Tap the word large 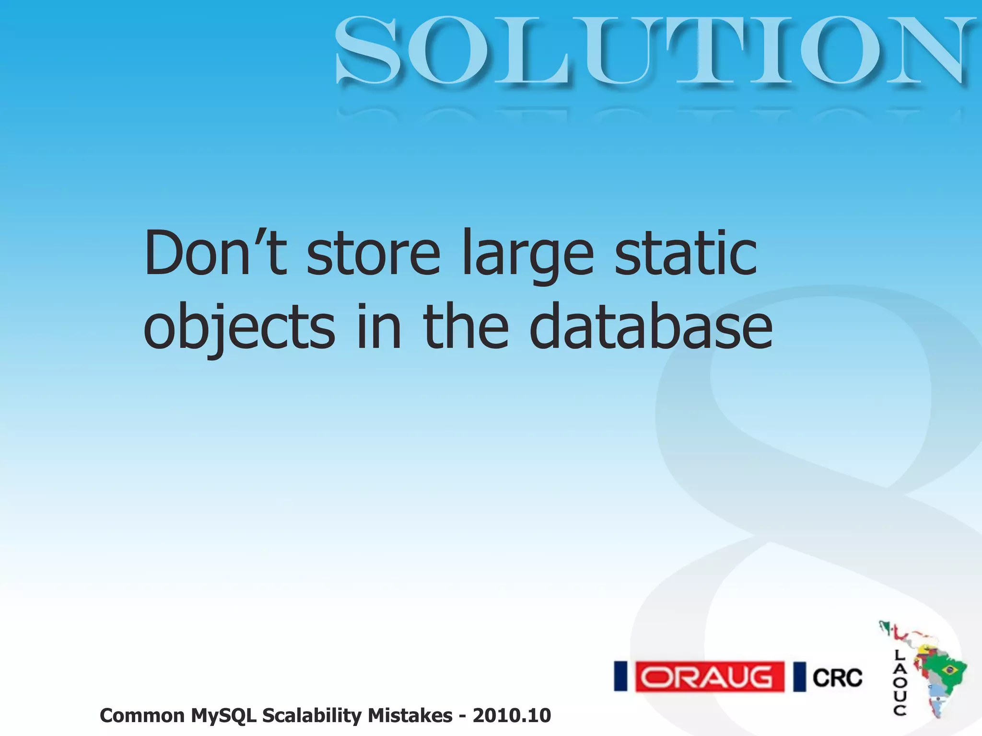tap(527, 256)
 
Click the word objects tap(239, 328)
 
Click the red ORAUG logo tap(710, 677)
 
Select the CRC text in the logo tap(837, 678)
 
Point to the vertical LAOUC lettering tap(900, 682)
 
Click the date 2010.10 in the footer tap(512, 716)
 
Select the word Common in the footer tap(142, 716)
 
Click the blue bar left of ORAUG tap(620, 677)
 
